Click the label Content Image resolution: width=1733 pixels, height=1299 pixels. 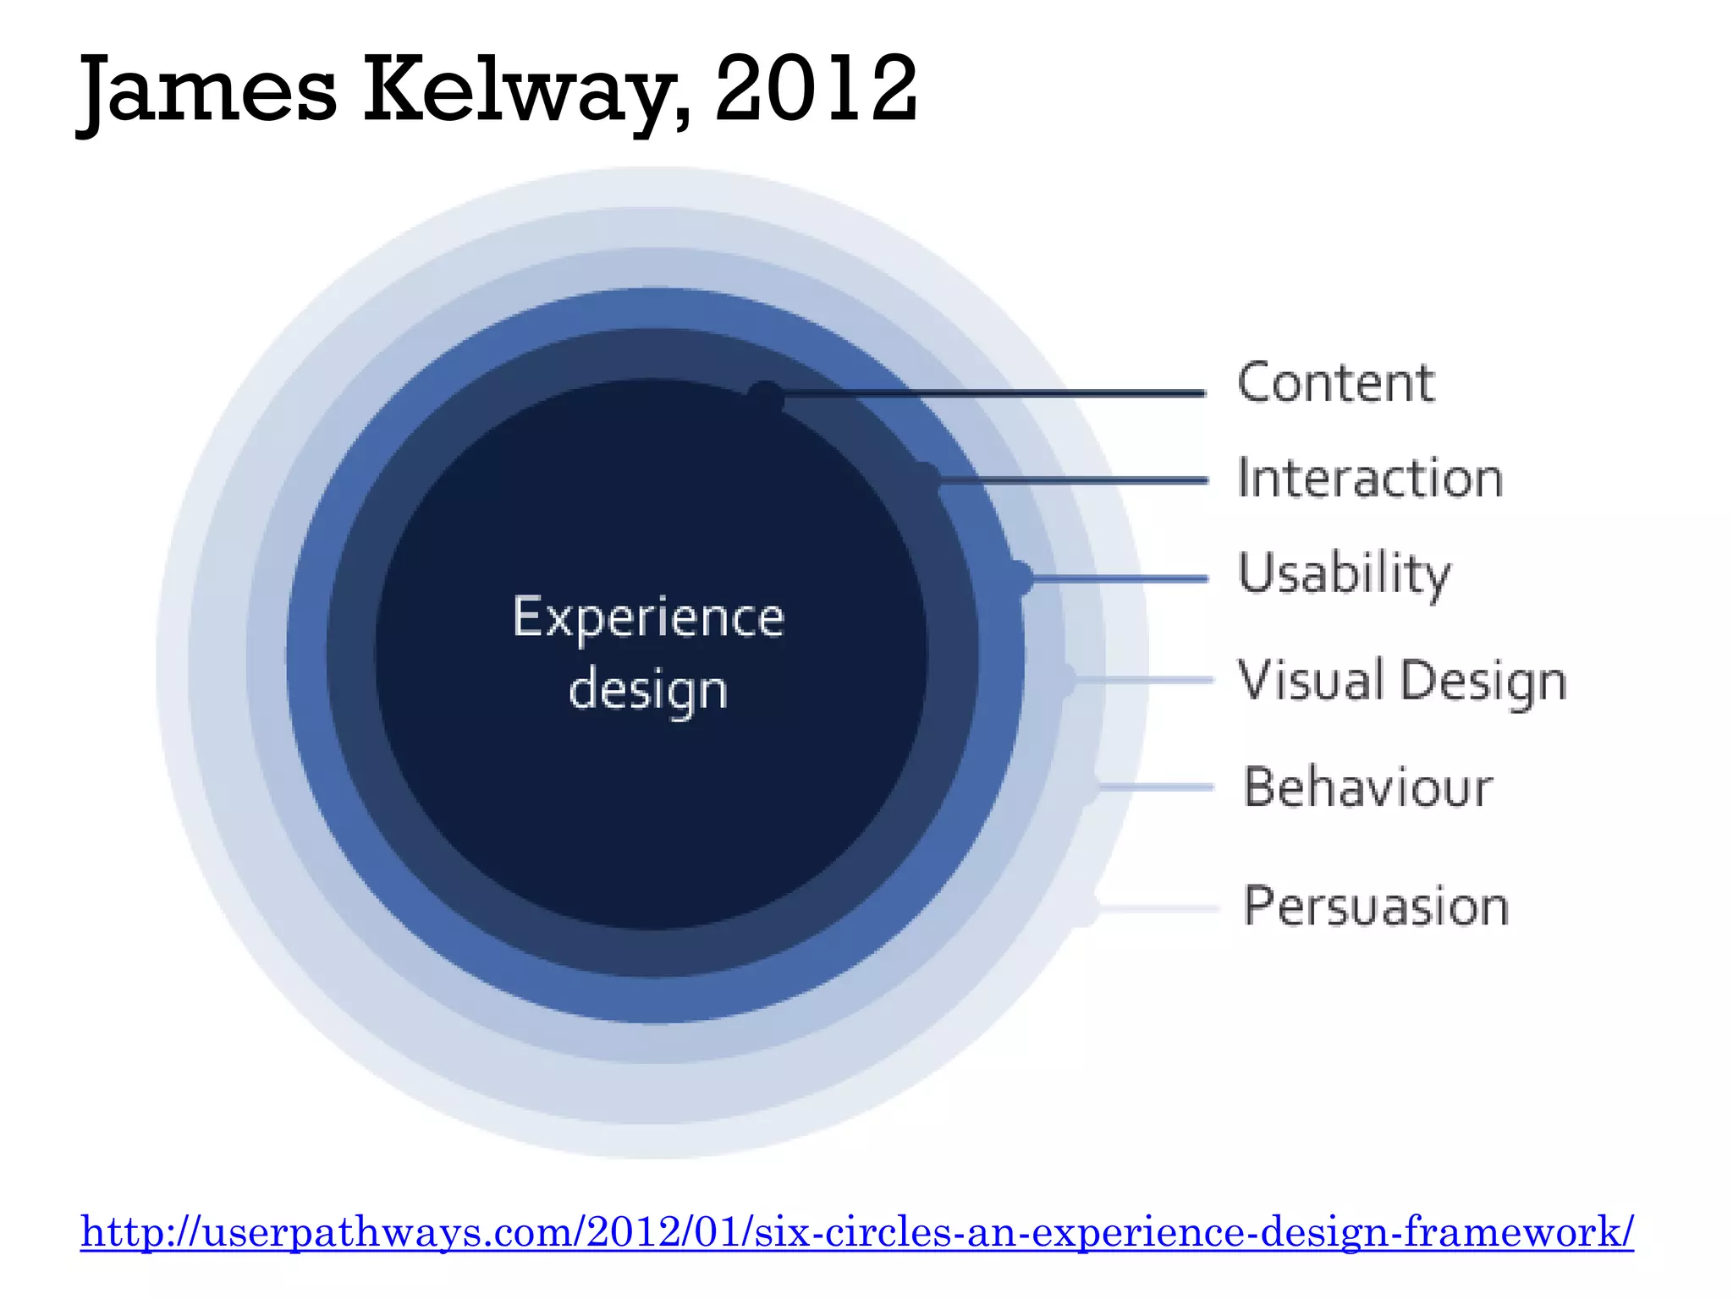coord(1335,383)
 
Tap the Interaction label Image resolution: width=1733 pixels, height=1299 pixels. coord(1370,479)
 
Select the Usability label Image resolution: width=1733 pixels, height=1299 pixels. coord(1344,574)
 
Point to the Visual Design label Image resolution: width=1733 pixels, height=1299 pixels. coord(1402,681)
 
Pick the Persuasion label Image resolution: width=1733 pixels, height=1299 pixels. coord(1376,907)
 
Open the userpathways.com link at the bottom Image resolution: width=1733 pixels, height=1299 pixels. coord(856,1231)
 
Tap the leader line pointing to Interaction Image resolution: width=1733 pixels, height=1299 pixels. coord(1075,480)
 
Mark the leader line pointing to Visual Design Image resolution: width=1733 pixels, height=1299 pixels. coord(1142,680)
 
